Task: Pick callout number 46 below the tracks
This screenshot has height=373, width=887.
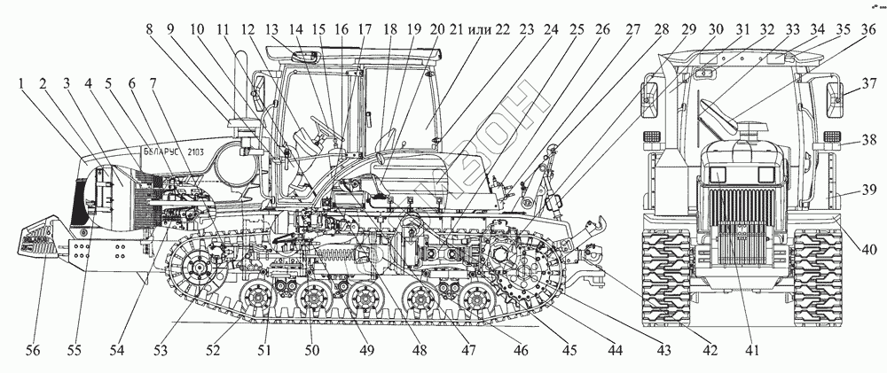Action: [x=520, y=351]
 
